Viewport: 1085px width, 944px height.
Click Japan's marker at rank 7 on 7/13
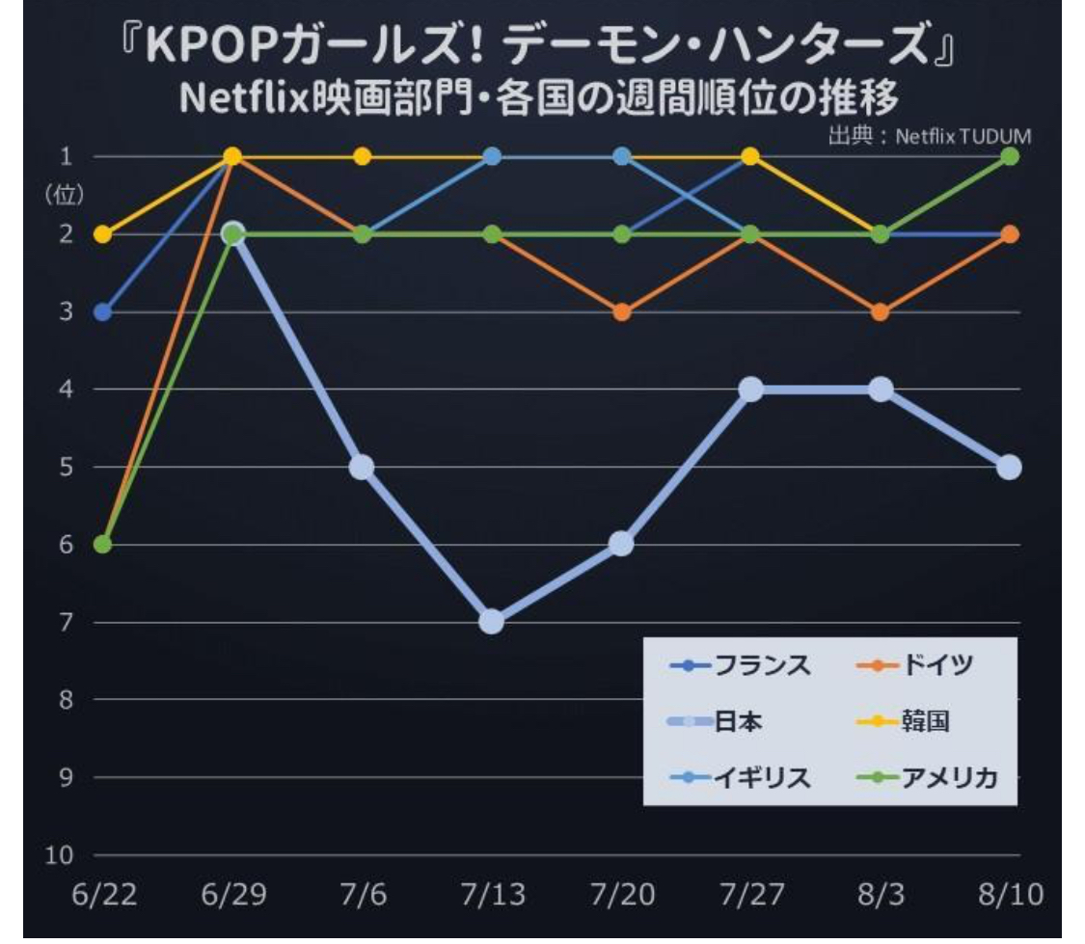click(492, 621)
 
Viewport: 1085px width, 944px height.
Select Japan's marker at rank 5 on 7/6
click(362, 467)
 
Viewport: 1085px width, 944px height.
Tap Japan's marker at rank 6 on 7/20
click(622, 544)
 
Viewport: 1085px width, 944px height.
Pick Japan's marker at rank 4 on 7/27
click(751, 390)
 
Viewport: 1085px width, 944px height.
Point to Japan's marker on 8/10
click(1009, 467)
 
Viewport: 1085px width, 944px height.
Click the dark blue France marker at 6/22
click(103, 311)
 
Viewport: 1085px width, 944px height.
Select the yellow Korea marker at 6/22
click(103, 234)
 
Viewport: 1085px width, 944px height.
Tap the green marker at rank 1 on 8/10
click(1009, 156)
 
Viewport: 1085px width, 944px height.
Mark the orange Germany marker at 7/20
click(622, 311)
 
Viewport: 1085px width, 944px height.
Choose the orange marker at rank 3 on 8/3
click(880, 311)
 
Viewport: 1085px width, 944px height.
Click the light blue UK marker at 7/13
click(492, 156)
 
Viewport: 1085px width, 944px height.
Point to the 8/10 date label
click(1009, 896)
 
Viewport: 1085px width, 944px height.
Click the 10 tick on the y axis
click(60, 855)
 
